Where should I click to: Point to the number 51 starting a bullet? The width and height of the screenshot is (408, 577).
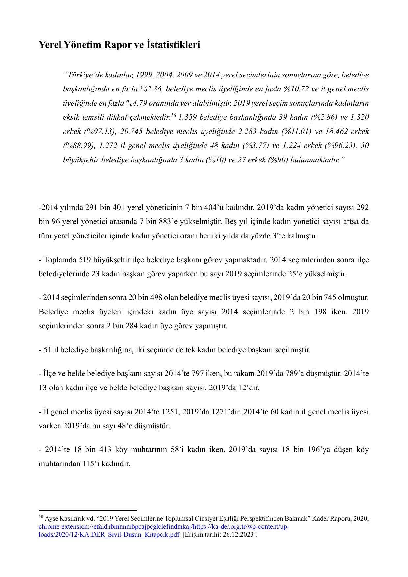(47, 349)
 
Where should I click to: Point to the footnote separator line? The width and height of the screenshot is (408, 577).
(88, 511)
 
